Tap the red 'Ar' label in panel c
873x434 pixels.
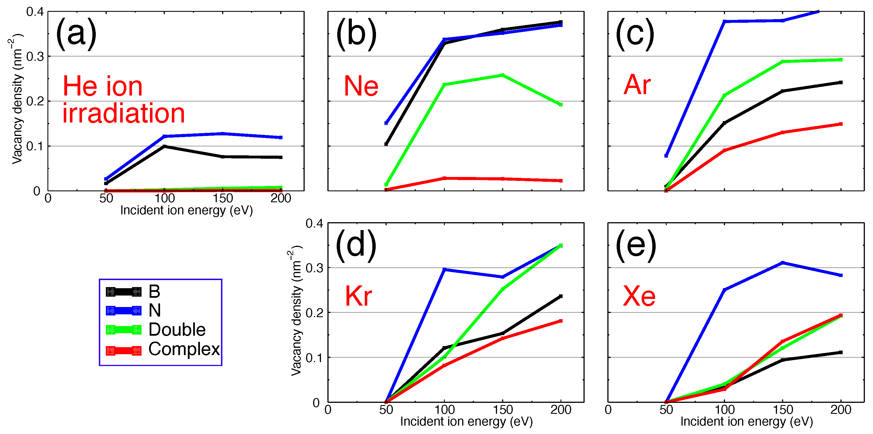pos(637,85)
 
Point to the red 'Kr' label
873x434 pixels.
pos(358,296)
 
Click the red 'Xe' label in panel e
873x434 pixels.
pos(639,296)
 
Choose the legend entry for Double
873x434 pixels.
pos(177,330)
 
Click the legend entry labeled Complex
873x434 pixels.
pos(184,349)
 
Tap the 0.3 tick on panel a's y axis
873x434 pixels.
pos(35,57)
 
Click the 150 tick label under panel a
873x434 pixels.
pos(223,198)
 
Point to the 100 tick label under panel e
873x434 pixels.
pos(724,410)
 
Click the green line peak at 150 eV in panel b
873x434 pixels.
pos(502,75)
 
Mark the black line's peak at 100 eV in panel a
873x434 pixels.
pos(164,146)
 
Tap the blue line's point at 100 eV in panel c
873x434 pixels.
pos(724,22)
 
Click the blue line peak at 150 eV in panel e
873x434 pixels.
pos(783,263)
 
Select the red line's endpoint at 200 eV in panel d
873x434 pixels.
pos(561,321)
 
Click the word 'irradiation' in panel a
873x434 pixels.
pos(123,113)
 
